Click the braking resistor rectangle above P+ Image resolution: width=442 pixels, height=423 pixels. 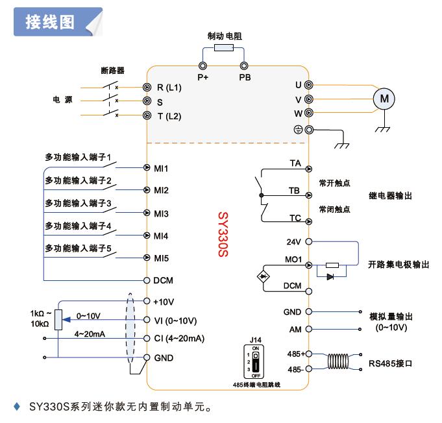point(224,49)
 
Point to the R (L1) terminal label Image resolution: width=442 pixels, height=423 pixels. point(169,87)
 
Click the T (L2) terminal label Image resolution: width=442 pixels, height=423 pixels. point(169,116)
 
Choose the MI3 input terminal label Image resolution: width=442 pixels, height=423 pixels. point(162,213)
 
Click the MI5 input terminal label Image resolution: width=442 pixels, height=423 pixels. point(162,258)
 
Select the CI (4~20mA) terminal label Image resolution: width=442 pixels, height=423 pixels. point(179,339)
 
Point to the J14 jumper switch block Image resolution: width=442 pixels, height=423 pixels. point(255,361)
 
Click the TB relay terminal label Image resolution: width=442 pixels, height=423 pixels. point(294,191)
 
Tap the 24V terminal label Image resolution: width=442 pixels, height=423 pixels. point(294,241)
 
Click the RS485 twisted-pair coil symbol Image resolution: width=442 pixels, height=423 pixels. point(340,361)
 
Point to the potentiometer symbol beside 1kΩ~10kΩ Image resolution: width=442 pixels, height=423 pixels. point(58,320)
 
